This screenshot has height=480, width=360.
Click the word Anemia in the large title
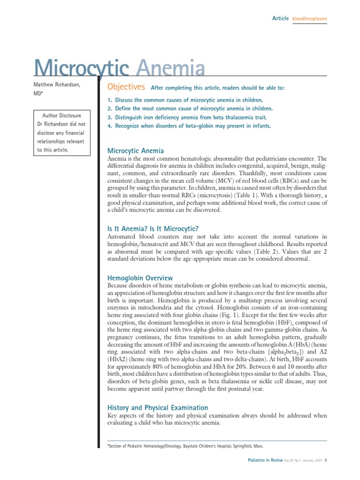point(170,69)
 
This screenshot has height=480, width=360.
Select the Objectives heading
point(127,87)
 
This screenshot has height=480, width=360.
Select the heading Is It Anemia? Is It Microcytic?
point(153,229)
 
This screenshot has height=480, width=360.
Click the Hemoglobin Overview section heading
point(140,278)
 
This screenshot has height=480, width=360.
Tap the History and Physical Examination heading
point(157,408)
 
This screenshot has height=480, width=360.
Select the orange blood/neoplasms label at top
point(309,19)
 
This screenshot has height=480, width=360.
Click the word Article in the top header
point(280,18)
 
